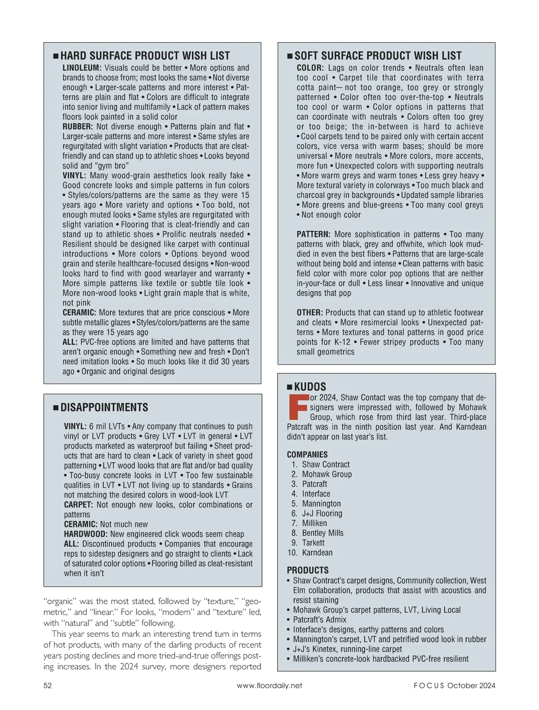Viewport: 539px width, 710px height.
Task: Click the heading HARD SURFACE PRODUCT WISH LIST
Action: click(145, 56)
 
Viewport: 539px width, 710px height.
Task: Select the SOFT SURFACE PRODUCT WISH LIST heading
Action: click(378, 56)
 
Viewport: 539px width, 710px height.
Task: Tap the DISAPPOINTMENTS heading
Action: click(104, 408)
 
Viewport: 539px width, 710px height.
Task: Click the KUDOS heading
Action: click(310, 387)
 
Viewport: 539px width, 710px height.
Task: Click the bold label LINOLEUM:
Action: click(82, 68)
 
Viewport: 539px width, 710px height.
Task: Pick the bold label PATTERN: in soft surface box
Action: click(314, 235)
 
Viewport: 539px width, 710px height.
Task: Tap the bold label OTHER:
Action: click(310, 313)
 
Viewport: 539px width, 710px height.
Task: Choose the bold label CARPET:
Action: click(79, 505)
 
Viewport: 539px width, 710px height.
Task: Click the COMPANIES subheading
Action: click(307, 455)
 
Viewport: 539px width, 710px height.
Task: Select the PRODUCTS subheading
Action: click(308, 570)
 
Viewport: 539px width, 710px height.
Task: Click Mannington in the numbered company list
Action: click(321, 504)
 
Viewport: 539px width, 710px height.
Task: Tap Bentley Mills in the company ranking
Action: click(323, 533)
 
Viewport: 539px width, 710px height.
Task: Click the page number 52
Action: click(48, 685)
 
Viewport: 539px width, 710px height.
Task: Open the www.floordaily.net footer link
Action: click(269, 685)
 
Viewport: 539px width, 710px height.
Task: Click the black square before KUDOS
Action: click(290, 387)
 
